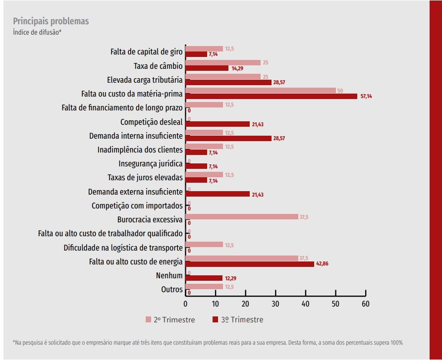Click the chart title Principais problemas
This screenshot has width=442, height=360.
[x=51, y=21]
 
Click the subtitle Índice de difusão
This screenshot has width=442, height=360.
[x=37, y=32]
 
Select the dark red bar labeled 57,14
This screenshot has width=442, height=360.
[x=272, y=96]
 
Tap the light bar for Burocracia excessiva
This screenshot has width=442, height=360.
[x=242, y=216]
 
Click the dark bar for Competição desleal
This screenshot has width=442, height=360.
[x=218, y=124]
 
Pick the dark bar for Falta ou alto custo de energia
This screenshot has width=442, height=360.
[x=250, y=264]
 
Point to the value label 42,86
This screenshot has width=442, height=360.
[x=322, y=263]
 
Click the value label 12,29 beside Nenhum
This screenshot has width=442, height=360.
[x=230, y=278]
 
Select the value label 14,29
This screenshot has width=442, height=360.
[x=237, y=68]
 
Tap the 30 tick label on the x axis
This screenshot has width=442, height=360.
[x=276, y=304]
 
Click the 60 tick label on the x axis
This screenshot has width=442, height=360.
[x=366, y=304]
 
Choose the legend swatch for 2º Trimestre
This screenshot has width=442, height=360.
[x=148, y=319]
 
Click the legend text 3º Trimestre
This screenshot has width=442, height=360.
[x=242, y=320]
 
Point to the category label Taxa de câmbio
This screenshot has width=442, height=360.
[x=158, y=66]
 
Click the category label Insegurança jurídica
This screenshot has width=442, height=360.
[x=151, y=164]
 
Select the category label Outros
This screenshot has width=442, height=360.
[x=172, y=289]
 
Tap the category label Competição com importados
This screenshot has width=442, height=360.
[x=137, y=206]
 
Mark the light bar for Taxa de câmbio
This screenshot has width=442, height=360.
[x=223, y=62]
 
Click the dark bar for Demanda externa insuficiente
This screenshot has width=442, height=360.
[x=218, y=194]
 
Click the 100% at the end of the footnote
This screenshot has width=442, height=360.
[x=396, y=343]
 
